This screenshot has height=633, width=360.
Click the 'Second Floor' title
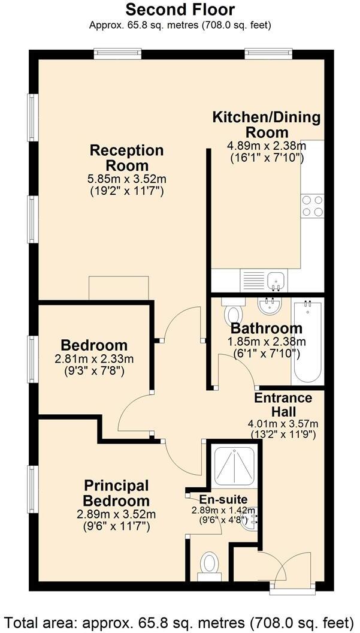click(x=180, y=10)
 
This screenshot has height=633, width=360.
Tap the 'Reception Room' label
click(x=126, y=158)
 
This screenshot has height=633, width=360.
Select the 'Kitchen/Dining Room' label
click(x=267, y=125)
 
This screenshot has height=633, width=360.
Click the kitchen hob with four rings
click(x=313, y=206)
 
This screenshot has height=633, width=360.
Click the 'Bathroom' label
click(x=267, y=328)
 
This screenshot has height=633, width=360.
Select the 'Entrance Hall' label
click(x=283, y=405)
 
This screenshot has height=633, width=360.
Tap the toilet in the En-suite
click(x=209, y=564)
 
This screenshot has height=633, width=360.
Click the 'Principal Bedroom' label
click(x=116, y=493)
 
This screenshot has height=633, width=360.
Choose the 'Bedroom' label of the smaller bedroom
click(x=94, y=346)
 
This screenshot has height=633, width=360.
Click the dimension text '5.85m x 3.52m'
click(x=127, y=179)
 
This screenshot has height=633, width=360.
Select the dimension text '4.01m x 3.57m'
click(x=283, y=424)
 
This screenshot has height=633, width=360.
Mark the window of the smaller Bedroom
click(x=34, y=357)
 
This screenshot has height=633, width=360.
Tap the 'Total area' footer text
click(x=180, y=620)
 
